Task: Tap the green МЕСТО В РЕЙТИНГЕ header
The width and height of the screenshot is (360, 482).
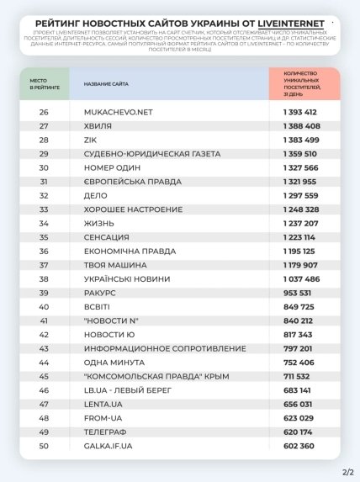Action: pyautogui.click(x=45, y=85)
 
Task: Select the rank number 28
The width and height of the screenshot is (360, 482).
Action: pyautogui.click(x=44, y=140)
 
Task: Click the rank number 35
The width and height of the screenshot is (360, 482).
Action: pyautogui.click(x=44, y=237)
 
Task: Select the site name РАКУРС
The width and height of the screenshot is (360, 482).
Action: pyautogui.click(x=101, y=293)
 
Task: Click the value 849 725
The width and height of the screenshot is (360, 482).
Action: pyautogui.click(x=296, y=306)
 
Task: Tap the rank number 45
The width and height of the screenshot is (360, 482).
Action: pyautogui.click(x=44, y=376)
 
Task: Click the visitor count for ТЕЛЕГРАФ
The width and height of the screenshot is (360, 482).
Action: pyautogui.click(x=296, y=432)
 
